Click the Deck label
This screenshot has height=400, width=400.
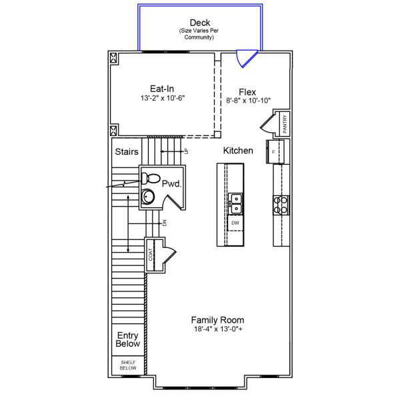pos(200,23)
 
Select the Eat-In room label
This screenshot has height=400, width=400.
pos(162,87)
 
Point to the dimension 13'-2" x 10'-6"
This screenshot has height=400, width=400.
pos(162,98)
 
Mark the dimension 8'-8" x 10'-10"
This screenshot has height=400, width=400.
pos(249,101)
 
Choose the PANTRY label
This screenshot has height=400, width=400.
pos(285,124)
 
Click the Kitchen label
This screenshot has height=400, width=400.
pos(238,151)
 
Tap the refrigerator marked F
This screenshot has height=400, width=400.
pos(275,151)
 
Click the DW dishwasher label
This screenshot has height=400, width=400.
pos(235,223)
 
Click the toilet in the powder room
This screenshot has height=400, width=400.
pos(150,178)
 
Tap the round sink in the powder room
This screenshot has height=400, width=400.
pos(148,197)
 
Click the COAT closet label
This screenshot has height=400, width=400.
pos(151,255)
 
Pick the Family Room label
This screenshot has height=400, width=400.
pos(217,319)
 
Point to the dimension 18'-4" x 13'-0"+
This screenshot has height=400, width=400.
pos(217,329)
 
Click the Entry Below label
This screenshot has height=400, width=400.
pos(128,340)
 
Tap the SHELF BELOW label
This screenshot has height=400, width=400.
pos(128,365)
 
